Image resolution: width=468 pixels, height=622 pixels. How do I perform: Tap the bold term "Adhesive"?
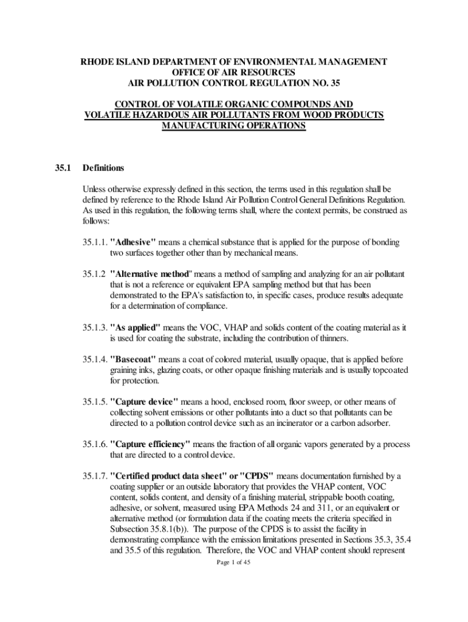click(133, 242)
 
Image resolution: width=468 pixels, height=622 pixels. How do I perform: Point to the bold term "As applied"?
click(136, 328)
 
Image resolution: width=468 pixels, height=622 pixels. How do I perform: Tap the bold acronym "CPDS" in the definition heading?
click(258, 476)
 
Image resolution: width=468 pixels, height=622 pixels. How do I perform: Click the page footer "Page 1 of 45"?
click(234, 563)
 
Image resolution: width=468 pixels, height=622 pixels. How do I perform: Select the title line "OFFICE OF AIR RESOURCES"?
click(234, 72)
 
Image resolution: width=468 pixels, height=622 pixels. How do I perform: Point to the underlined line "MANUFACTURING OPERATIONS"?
click(234, 126)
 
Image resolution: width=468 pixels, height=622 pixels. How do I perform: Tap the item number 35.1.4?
click(95, 360)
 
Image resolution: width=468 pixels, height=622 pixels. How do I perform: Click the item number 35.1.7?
click(95, 476)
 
